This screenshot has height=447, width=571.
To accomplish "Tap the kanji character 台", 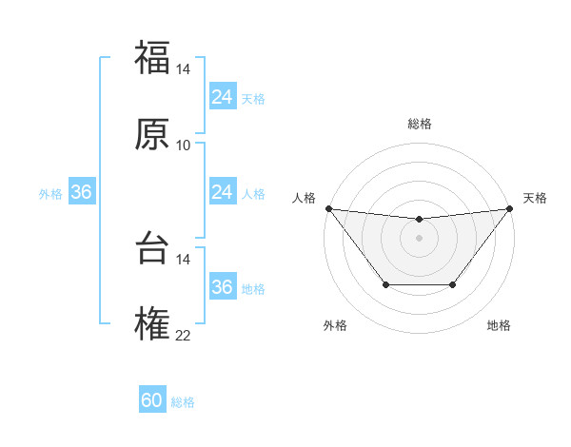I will [x=152, y=248].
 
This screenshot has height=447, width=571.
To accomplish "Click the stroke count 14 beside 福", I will [x=184, y=69].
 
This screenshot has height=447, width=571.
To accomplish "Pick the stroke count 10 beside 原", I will [x=184, y=146].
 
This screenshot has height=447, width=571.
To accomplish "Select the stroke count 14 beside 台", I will [x=184, y=260].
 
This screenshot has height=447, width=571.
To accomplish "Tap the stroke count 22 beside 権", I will [x=184, y=336].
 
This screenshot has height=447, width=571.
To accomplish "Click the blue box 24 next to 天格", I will [x=223, y=97].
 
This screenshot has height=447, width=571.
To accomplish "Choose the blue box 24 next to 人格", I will [x=223, y=192].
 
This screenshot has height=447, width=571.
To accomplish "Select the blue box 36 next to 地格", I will [x=223, y=287].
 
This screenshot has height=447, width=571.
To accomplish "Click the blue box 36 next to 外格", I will [x=82, y=192].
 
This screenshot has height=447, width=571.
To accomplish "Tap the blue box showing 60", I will [x=152, y=400].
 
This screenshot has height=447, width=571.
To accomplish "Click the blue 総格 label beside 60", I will [x=183, y=402].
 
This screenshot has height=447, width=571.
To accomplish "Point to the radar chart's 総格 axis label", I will [x=420, y=124].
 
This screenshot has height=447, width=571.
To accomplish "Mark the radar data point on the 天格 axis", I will [x=510, y=208].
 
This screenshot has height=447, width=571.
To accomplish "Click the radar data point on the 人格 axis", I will [x=328, y=208].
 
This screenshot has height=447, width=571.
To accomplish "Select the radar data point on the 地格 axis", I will [x=453, y=284].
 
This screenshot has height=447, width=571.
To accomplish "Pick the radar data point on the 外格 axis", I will [x=385, y=284].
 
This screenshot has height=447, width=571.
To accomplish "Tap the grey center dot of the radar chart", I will [x=420, y=238].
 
